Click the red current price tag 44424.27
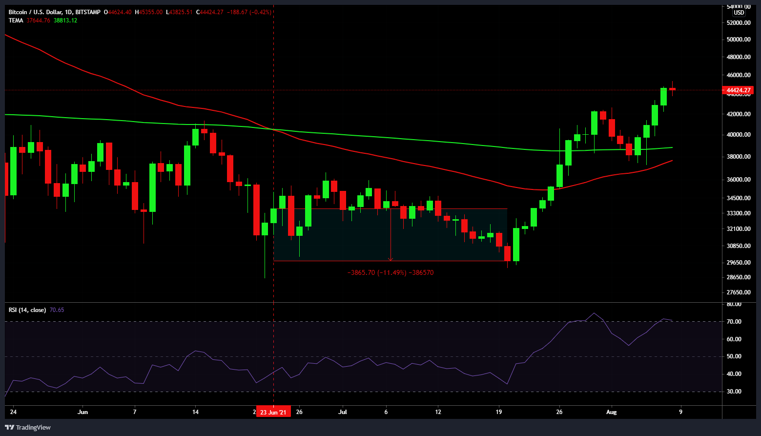click(x=739, y=90)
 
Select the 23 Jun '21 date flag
click(x=273, y=412)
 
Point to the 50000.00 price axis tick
click(x=738, y=40)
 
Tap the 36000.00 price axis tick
click(x=738, y=180)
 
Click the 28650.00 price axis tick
click(x=738, y=277)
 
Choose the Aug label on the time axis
click(x=611, y=412)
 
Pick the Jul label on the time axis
click(x=343, y=412)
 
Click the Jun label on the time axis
click(x=83, y=412)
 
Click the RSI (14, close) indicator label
click(x=27, y=310)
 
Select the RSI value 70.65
click(x=57, y=310)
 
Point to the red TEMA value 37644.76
click(x=38, y=21)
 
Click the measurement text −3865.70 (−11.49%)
click(x=376, y=273)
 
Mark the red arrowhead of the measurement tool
click(x=391, y=259)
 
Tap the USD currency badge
click(x=739, y=13)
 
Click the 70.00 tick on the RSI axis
click(x=734, y=322)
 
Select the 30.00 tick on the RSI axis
click(x=734, y=392)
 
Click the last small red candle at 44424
click(x=673, y=89)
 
